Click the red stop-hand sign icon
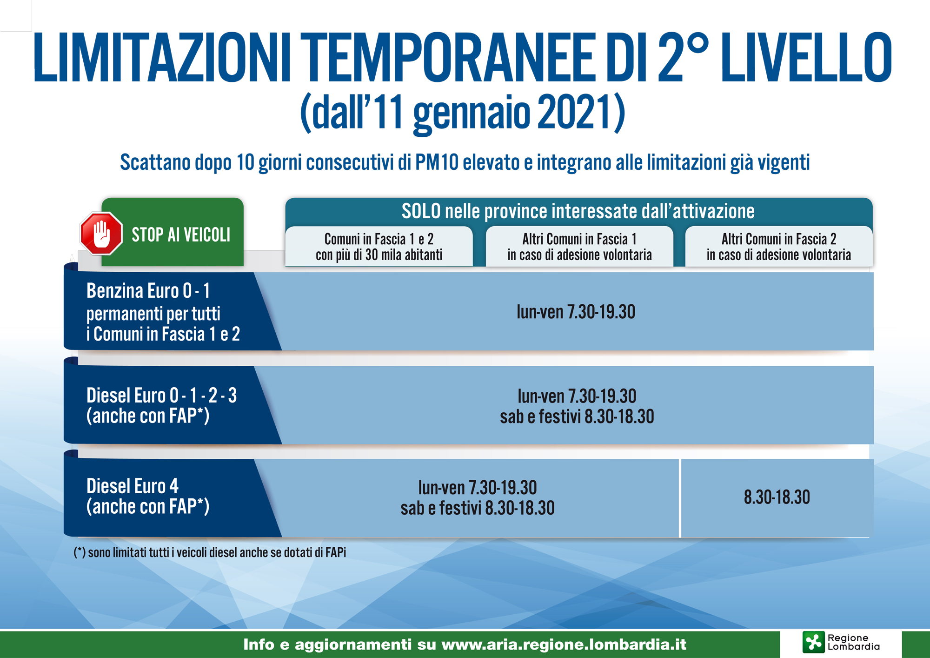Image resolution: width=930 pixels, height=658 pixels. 101,234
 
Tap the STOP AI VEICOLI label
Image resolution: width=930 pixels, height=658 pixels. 181,235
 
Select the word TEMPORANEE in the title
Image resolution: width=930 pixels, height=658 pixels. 451,58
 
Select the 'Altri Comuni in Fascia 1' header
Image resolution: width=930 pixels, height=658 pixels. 579,239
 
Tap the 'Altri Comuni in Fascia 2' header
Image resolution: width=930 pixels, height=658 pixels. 779,239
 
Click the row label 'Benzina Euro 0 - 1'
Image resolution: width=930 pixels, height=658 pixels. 148,291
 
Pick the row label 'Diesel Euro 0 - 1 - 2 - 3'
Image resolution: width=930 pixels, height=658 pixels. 161,396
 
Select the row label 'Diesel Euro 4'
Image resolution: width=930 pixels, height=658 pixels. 133,486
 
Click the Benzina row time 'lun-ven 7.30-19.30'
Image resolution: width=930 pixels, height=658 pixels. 576,312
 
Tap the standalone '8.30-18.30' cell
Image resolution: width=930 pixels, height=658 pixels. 777,497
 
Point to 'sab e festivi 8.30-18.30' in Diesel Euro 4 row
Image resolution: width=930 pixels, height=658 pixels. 478,508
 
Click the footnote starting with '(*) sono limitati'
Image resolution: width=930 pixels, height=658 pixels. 210,552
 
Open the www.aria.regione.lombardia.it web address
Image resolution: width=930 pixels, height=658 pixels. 564,645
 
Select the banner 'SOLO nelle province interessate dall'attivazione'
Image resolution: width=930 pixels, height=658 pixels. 578,211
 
